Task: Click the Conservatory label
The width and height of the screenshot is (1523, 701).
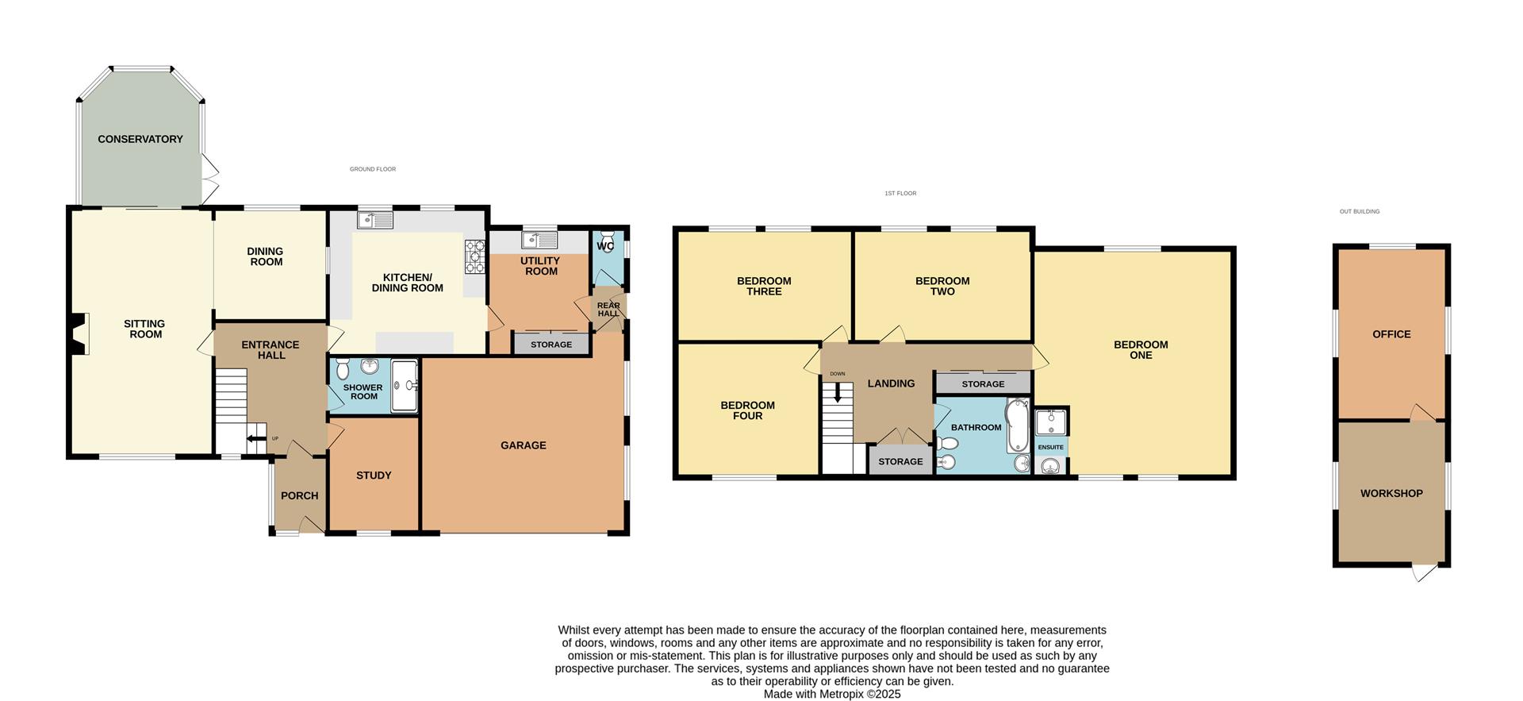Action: pos(140,139)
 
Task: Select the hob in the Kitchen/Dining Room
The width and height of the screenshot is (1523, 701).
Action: pos(474,256)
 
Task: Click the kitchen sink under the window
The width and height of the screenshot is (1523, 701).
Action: pos(375,220)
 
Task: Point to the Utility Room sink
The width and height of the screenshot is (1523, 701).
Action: pos(539,239)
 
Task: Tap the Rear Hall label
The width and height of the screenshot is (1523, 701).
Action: pos(608,310)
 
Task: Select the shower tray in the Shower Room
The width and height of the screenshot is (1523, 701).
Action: pos(405,386)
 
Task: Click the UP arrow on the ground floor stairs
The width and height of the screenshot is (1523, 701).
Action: pos(255,438)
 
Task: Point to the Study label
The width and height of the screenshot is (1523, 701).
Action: pos(374,476)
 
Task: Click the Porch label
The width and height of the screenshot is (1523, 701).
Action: pos(300,496)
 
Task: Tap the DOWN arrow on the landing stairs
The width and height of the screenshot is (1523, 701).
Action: pos(838,393)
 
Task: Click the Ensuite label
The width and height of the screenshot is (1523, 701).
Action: pos(1051,447)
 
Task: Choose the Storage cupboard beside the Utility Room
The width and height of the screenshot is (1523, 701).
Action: pos(551,345)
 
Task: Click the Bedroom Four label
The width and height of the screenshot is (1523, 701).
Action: pos(747,410)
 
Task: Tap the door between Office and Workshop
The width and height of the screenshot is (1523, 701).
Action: pos(1421,414)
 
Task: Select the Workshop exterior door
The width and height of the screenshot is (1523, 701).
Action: pos(1425,571)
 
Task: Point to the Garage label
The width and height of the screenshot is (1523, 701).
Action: pos(524,445)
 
